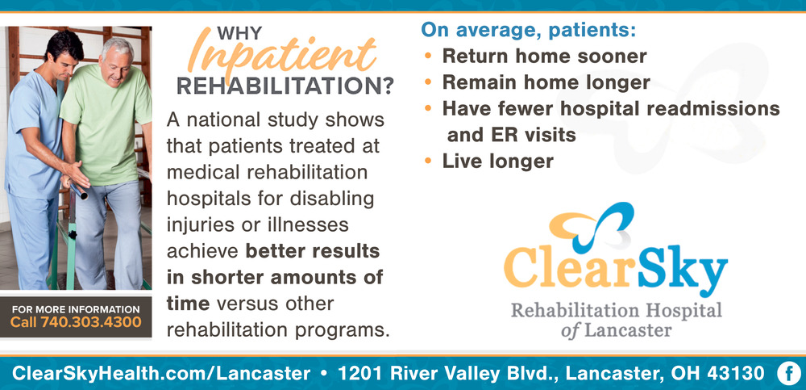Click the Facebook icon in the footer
tap(788, 374)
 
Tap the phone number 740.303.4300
tap(90, 323)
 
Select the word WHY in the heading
tap(239, 33)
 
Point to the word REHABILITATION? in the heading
tap(285, 86)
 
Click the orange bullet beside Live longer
tap(428, 161)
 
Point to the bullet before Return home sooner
tap(428, 56)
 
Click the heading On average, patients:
tap(529, 30)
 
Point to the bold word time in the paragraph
tap(188, 304)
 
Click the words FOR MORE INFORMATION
tap(76, 309)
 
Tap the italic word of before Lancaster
tap(570, 330)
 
